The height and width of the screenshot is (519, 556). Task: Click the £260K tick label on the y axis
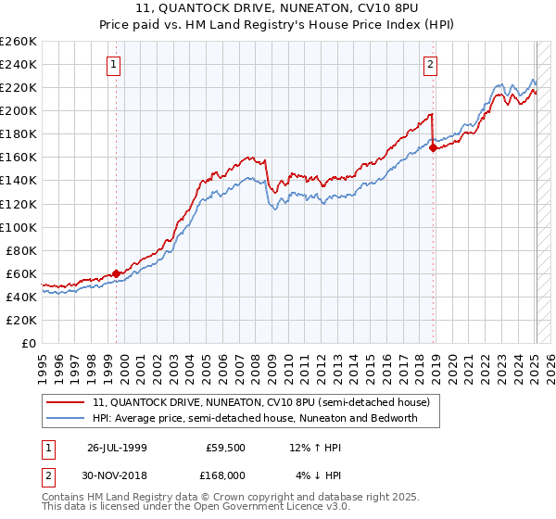pyautogui.click(x=18, y=42)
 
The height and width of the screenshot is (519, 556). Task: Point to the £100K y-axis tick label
pyautogui.click(x=18, y=227)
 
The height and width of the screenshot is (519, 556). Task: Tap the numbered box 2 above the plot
pyautogui.click(x=431, y=64)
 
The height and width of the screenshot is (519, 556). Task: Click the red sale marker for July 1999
pyautogui.click(x=117, y=273)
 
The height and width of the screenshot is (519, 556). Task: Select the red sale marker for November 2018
pyautogui.click(x=433, y=147)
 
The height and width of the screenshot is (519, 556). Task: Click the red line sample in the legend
pyautogui.click(x=66, y=403)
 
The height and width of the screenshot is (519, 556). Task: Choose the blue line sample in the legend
pyautogui.click(x=66, y=418)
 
